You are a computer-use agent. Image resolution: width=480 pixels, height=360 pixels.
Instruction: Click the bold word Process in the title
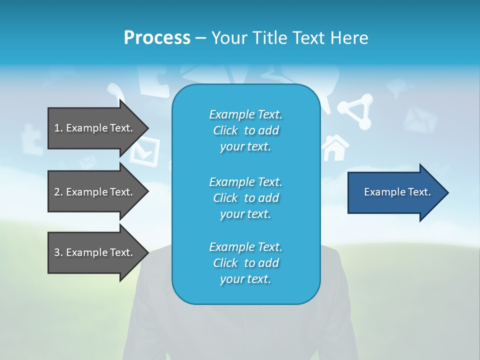click(x=157, y=38)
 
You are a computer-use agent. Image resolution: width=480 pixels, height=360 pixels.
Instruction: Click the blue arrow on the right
click(x=395, y=192)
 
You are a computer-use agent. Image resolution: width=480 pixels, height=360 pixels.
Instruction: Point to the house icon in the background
click(x=335, y=148)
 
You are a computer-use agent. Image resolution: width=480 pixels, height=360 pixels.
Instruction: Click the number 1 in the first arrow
click(x=56, y=128)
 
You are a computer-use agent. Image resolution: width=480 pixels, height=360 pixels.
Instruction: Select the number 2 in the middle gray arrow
click(x=57, y=192)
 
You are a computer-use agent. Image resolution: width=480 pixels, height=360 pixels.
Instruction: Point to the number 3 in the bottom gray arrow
click(x=57, y=252)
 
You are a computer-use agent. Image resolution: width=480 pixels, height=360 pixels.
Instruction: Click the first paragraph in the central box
click(x=245, y=130)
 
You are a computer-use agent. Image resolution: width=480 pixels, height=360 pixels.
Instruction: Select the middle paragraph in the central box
click(x=245, y=198)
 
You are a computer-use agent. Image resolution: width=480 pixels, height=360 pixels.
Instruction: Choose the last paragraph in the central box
click(x=245, y=263)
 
